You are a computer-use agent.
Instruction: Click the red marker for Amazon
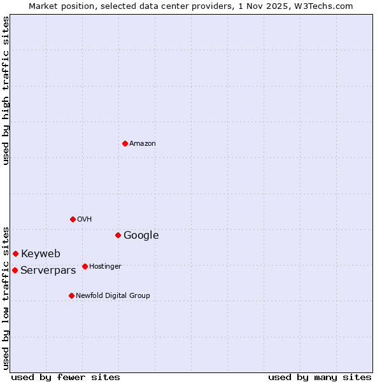coord(125,143)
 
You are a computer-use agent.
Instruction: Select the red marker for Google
coord(118,235)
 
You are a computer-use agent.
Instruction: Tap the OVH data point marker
coord(73,219)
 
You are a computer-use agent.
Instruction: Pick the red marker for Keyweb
coord(15,253)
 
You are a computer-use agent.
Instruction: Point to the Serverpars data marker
coord(15,270)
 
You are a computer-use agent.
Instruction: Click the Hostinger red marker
coord(85,266)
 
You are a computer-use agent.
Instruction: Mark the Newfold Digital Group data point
coord(71,295)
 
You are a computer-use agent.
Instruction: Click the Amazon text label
coord(143,144)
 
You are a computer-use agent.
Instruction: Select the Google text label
coord(141,236)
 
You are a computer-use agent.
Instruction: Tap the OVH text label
coord(85,220)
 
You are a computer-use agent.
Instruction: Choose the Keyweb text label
coord(41,254)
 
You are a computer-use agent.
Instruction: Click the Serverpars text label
coord(48,271)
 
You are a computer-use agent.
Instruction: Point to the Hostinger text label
coord(105,267)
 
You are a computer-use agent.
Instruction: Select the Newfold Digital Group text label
coord(113,296)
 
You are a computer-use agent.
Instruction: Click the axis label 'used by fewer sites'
coord(66,377)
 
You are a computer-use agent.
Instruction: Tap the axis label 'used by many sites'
coord(320,377)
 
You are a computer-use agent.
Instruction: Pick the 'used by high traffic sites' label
coord(6,90)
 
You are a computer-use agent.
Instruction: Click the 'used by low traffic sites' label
coord(6,297)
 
